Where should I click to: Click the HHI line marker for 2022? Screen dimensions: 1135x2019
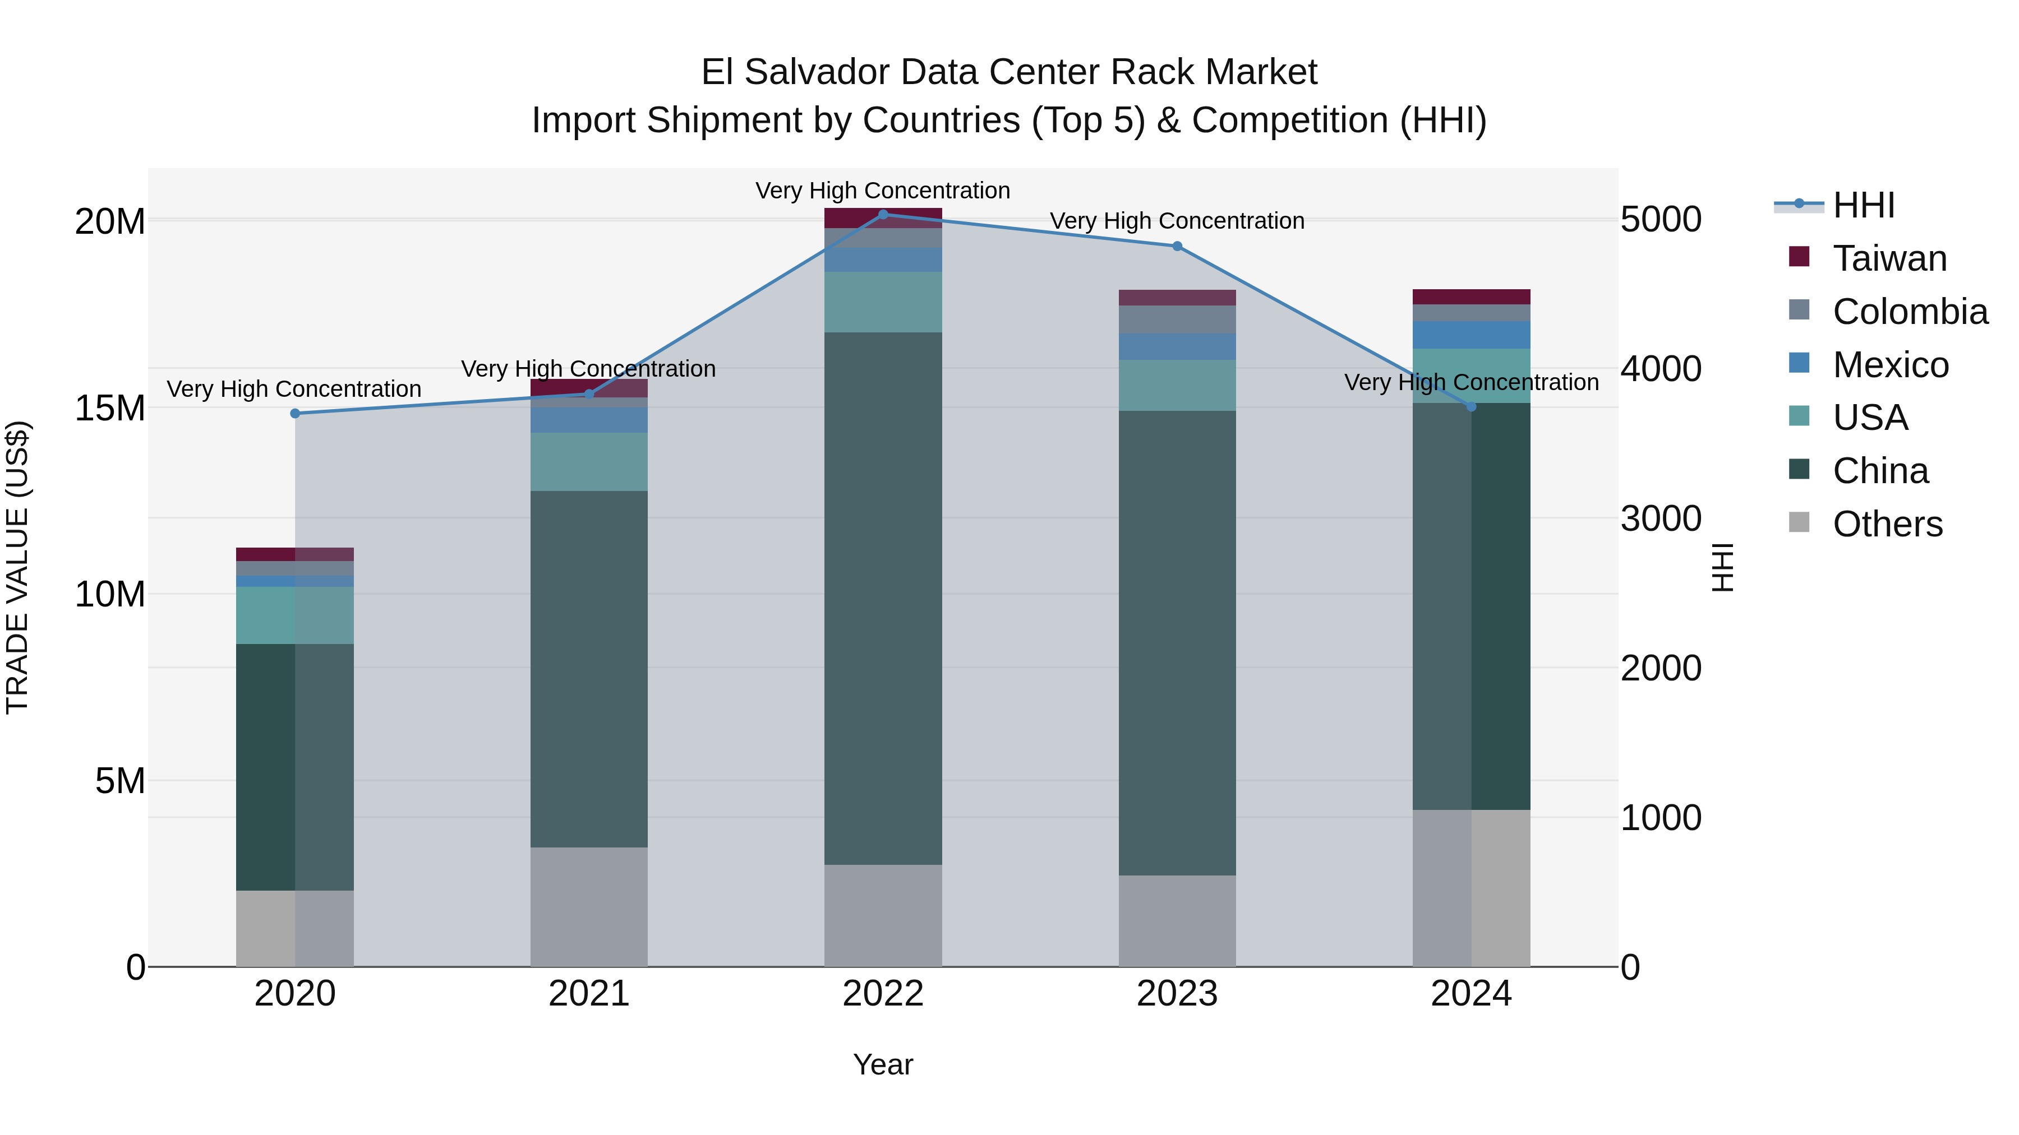(883, 214)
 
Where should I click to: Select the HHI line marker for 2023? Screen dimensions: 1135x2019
(1177, 246)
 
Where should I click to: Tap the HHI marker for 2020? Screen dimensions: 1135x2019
(294, 414)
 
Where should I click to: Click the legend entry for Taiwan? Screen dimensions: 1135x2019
(1889, 258)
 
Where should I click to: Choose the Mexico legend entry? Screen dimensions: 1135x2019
(1889, 365)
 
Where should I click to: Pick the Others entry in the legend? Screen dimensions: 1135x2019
(1887, 524)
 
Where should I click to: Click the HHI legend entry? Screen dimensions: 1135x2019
(1864, 205)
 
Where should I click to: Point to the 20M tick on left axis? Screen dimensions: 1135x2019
(110, 221)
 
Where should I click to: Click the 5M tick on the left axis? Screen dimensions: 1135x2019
(120, 781)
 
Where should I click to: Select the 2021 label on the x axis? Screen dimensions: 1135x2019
(589, 994)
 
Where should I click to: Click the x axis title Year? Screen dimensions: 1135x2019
(883, 1064)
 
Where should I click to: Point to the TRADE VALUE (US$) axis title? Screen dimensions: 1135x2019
(17, 567)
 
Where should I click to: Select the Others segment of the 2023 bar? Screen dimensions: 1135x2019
(1177, 921)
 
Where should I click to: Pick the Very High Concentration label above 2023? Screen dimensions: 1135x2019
(1177, 221)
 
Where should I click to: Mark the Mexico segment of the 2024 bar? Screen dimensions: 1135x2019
(1471, 335)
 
